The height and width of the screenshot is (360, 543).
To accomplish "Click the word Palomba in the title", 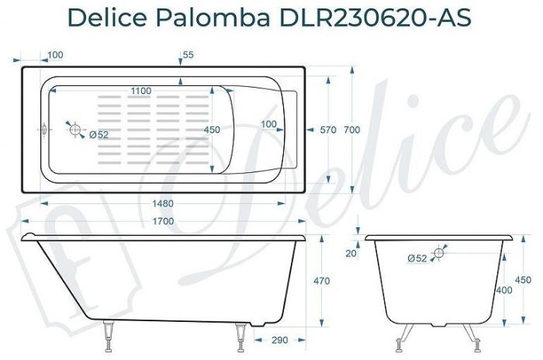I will pyautogui.click(x=219, y=16).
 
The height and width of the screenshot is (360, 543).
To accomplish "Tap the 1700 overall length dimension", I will pyautogui.click(x=163, y=221).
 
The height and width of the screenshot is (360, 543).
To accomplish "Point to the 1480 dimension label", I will pyautogui.click(x=163, y=203).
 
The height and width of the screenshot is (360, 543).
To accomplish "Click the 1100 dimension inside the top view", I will pyautogui.click(x=140, y=91).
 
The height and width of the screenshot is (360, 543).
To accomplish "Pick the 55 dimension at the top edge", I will pyautogui.click(x=188, y=55).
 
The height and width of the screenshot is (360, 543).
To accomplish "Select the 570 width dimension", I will pyautogui.click(x=328, y=130).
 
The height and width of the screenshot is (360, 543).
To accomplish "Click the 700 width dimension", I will pyautogui.click(x=351, y=130).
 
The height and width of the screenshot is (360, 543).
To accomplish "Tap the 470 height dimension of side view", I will pyautogui.click(x=321, y=281).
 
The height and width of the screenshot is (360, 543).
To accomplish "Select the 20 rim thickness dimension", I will pyautogui.click(x=351, y=253).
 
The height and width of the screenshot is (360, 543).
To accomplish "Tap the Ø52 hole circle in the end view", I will pyautogui.click(x=439, y=253).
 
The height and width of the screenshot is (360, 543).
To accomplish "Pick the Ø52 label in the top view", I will pyautogui.click(x=99, y=135).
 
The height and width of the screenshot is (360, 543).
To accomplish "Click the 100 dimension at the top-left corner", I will pyautogui.click(x=55, y=55).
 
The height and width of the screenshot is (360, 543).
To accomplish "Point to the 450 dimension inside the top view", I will pyautogui.click(x=211, y=130).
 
